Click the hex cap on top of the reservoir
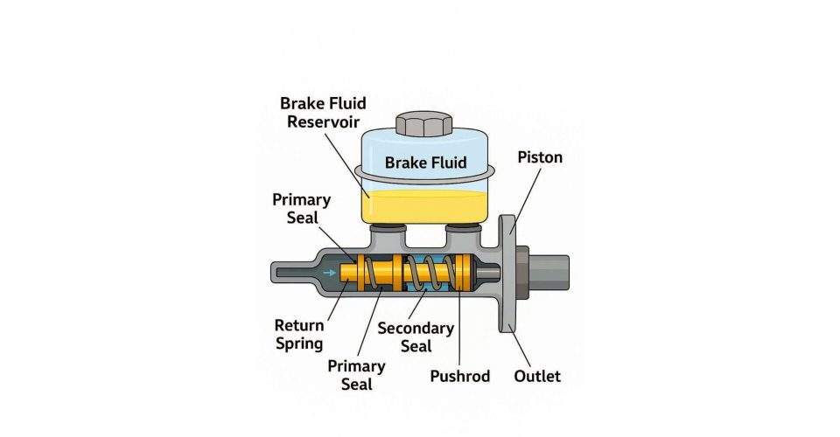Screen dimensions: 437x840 click(x=424, y=123)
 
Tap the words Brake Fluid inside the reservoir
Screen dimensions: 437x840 click(x=426, y=163)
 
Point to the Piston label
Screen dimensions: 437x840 click(x=540, y=158)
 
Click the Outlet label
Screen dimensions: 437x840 click(x=538, y=377)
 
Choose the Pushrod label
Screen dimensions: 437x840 click(x=460, y=377)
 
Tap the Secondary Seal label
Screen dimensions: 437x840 click(x=416, y=336)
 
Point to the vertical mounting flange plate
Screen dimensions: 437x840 click(x=507, y=274)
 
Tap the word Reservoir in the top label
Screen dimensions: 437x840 click(x=322, y=121)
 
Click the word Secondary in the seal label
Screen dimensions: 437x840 click(x=416, y=328)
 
